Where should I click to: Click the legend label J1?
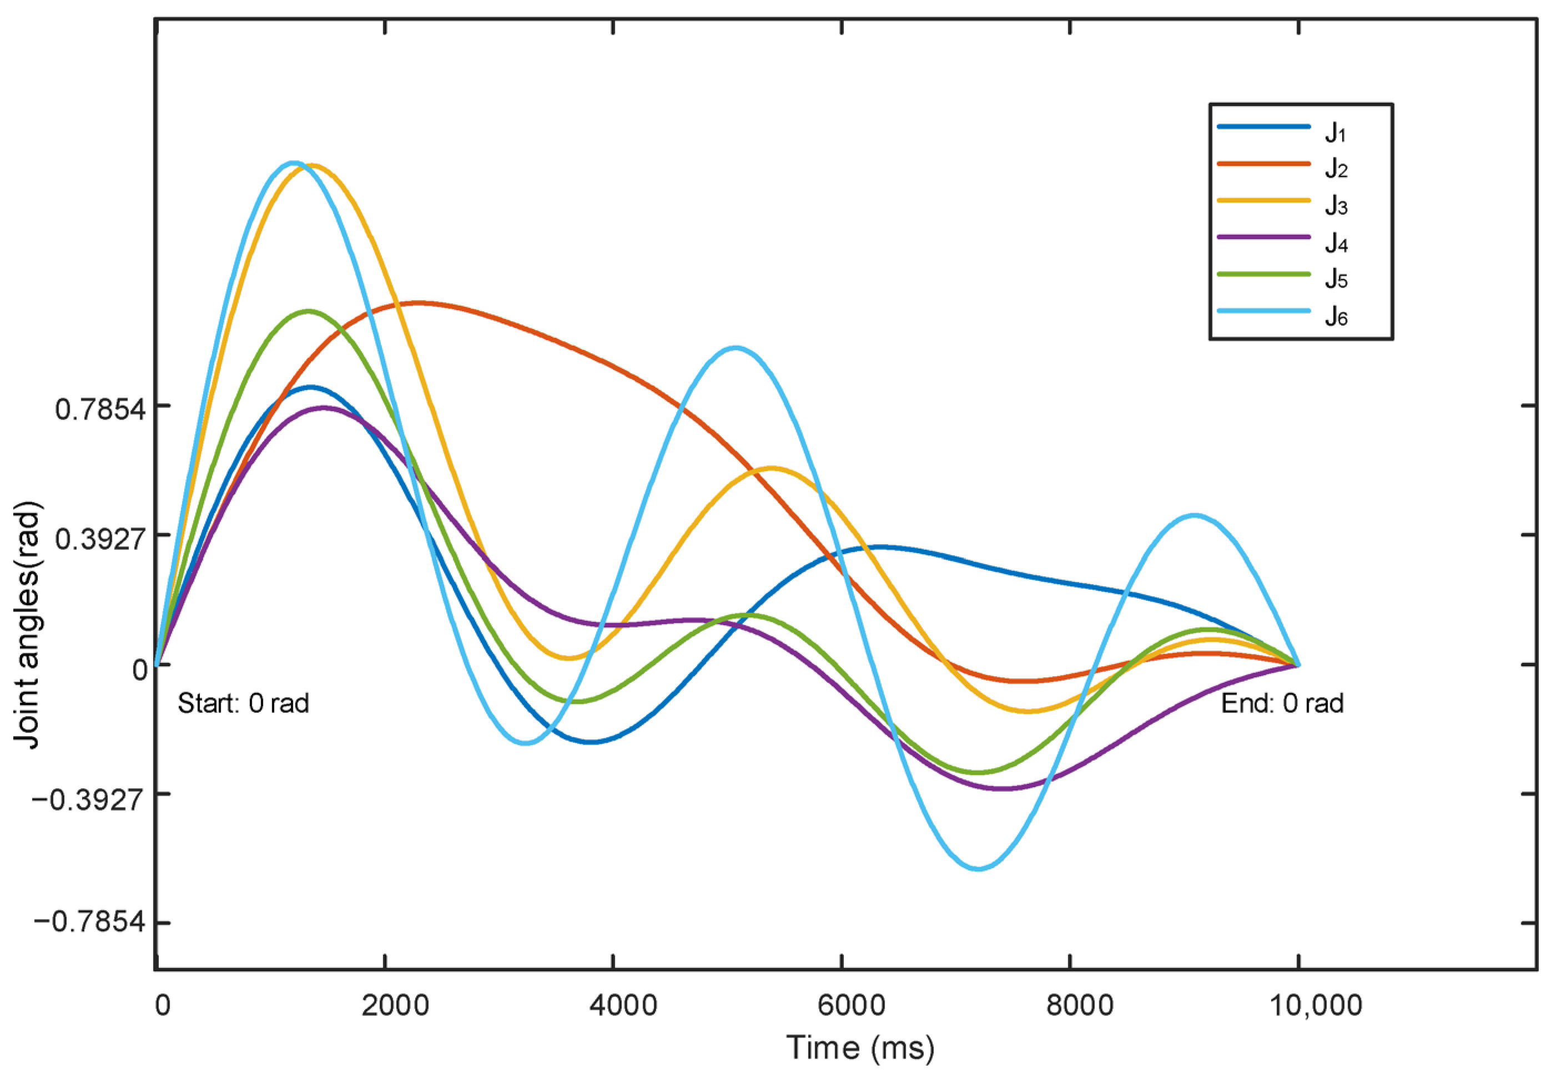(x=1335, y=133)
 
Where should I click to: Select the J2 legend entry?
(x=1335, y=169)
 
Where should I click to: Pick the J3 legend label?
(x=1335, y=205)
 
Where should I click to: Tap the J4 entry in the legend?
(x=1335, y=242)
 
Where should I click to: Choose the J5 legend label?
(x=1335, y=279)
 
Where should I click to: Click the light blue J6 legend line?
(x=1263, y=311)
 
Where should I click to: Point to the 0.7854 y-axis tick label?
(x=100, y=409)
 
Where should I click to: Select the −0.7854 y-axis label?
(x=89, y=922)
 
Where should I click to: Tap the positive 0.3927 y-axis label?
(x=100, y=538)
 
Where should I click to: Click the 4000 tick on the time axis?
(x=623, y=1006)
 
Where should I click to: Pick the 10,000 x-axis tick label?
(x=1316, y=1006)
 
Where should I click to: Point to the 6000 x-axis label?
(x=852, y=1006)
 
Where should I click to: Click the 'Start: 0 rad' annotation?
(x=243, y=704)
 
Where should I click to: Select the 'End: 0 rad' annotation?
(x=1282, y=704)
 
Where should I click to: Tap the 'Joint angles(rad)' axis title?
(x=28, y=625)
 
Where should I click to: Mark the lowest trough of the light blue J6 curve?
(x=978, y=869)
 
